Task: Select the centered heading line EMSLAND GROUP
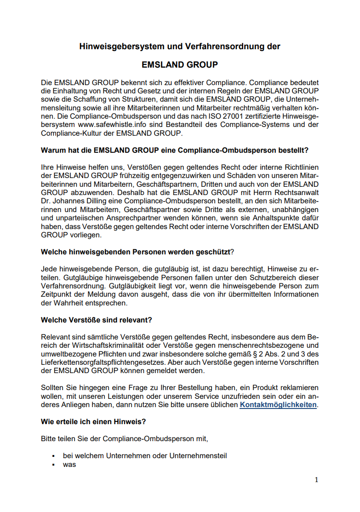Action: point(180,65)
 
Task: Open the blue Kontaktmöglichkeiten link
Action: point(278,405)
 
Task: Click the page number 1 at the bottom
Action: point(316,480)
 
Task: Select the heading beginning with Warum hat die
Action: point(174,150)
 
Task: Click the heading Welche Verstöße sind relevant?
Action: point(97,320)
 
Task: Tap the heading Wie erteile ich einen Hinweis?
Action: point(93,421)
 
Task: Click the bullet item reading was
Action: point(69,465)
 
